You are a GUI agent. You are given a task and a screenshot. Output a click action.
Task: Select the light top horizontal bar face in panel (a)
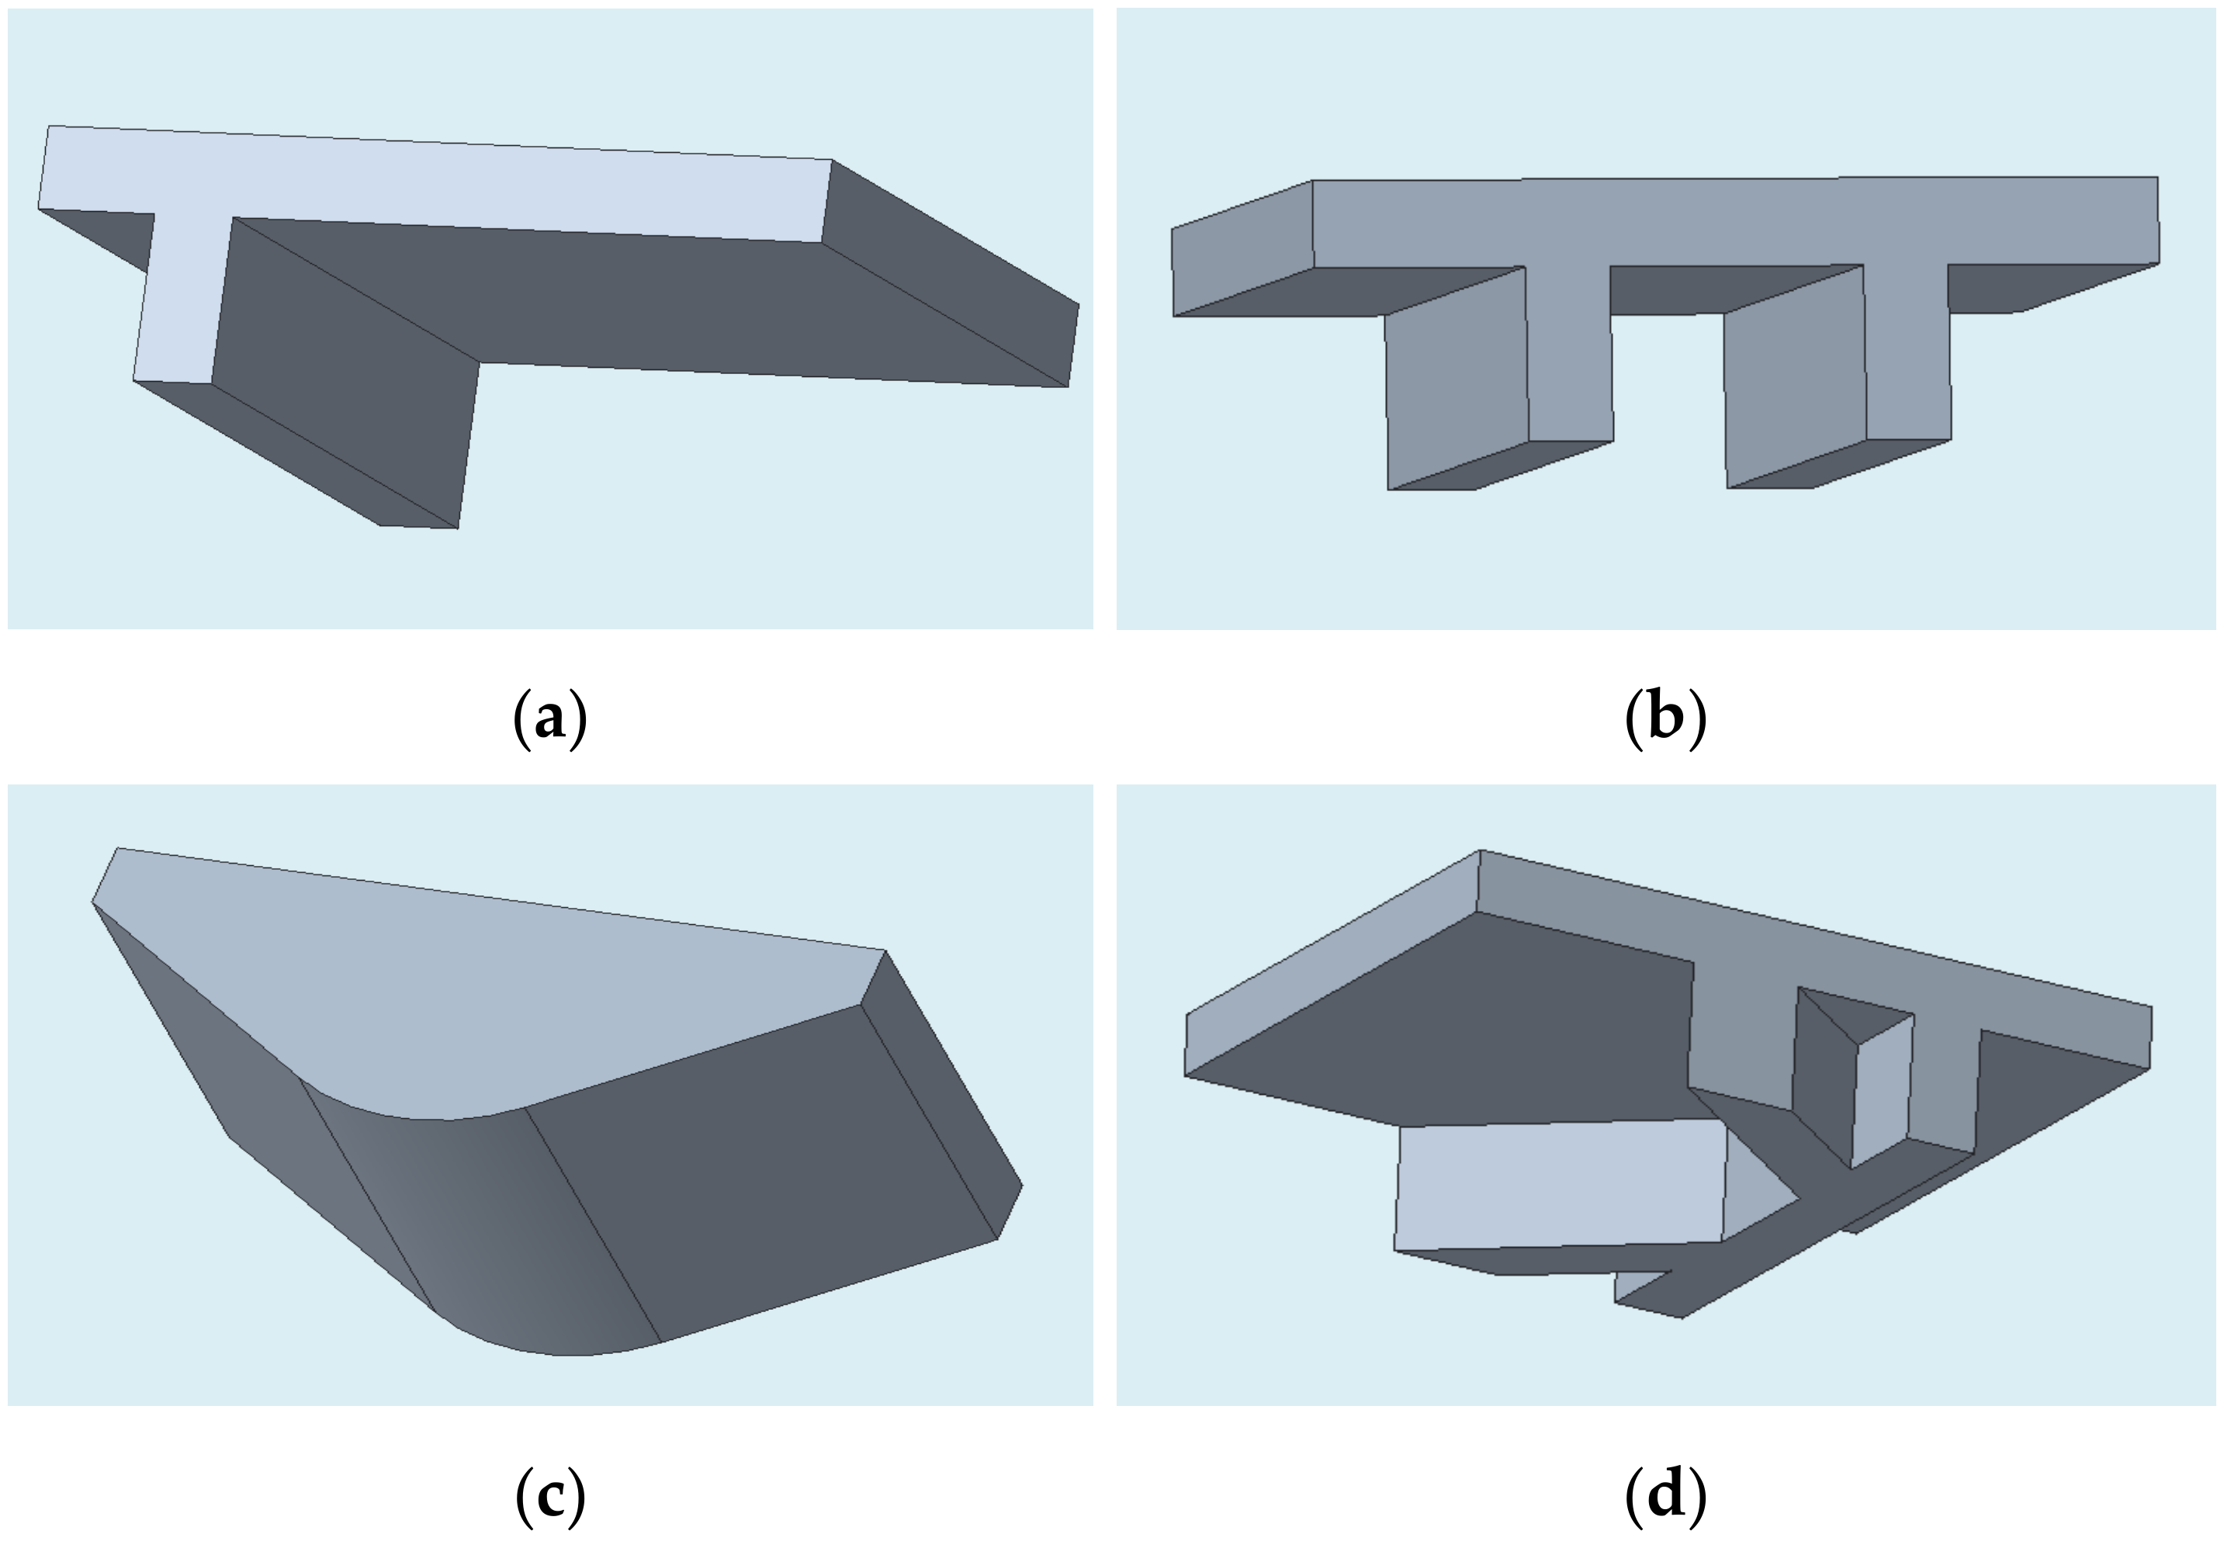coord(435,183)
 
